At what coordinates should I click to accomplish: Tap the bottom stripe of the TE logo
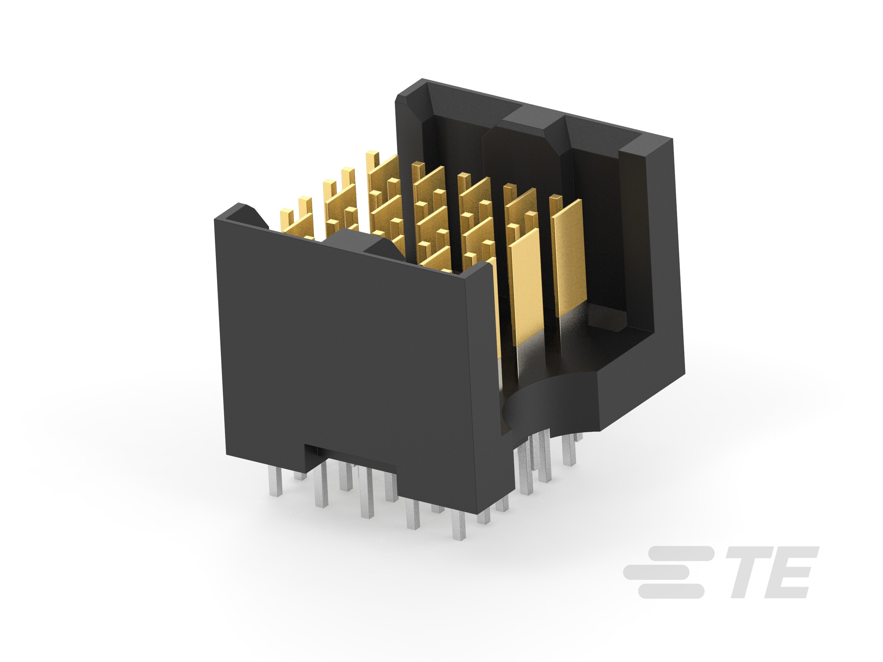pos(671,591)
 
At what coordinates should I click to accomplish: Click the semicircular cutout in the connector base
pos(547,403)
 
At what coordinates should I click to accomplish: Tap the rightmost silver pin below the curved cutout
pos(568,451)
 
